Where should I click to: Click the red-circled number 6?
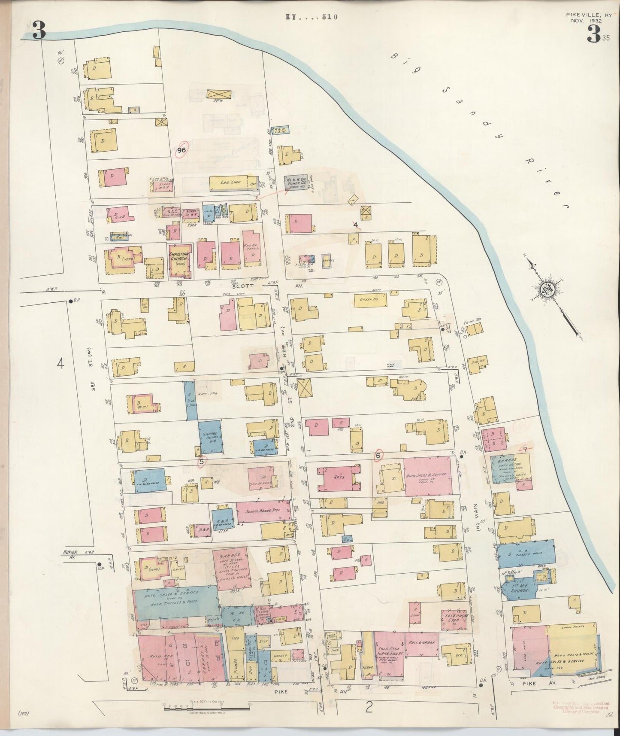click(378, 455)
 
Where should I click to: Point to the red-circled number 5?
click(201, 462)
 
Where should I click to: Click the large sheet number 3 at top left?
click(39, 31)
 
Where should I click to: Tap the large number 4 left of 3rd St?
click(60, 364)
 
